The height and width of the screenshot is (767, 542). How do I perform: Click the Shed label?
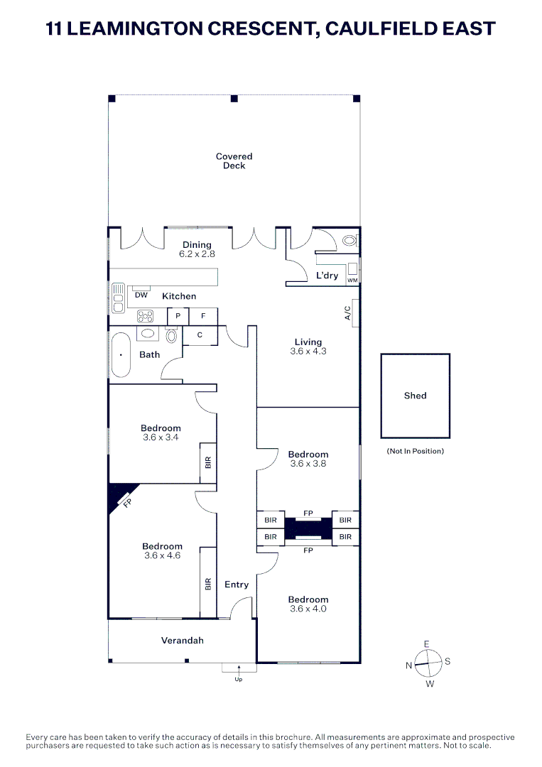pos(415,396)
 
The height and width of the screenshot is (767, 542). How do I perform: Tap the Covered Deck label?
pos(234,161)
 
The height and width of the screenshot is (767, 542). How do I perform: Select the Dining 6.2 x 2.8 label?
pos(197,249)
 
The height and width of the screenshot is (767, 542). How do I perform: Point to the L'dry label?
pos(327,276)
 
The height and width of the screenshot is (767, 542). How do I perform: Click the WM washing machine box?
pos(352,280)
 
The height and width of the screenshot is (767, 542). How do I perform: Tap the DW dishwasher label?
pos(141,295)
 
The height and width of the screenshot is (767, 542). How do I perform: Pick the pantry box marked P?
pos(178,316)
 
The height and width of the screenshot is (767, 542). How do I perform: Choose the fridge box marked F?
pos(203,316)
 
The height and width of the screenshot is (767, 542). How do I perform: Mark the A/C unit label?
pos(347,312)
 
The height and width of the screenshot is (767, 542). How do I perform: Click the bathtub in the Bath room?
pos(120,354)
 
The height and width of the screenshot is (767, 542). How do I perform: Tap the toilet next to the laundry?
pos(349,241)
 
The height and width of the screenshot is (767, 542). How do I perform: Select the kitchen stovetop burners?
pos(146,317)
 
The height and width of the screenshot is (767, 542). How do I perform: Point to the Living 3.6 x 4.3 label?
pos(308,347)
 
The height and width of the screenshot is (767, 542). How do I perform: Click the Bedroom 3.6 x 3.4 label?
pos(161,433)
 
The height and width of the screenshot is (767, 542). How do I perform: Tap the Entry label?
pos(237,584)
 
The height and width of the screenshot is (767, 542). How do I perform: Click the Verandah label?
pos(182,641)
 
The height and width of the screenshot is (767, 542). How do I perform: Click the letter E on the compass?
pos(426,644)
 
